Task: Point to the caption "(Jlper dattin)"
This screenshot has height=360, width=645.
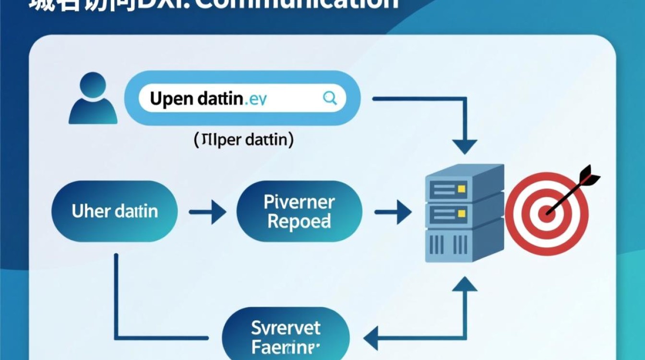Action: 244,141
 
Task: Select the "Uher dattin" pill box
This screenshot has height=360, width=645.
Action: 114,211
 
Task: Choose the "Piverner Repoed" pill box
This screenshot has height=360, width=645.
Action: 299,211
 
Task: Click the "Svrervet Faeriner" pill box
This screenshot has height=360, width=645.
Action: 286,336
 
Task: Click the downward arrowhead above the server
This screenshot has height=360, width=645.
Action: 465,145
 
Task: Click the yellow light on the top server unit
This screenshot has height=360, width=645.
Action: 462,189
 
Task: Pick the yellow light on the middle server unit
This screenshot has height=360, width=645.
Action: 462,213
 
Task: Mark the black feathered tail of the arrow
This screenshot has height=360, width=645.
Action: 589,177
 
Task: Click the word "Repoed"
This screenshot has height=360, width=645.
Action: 299,222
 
